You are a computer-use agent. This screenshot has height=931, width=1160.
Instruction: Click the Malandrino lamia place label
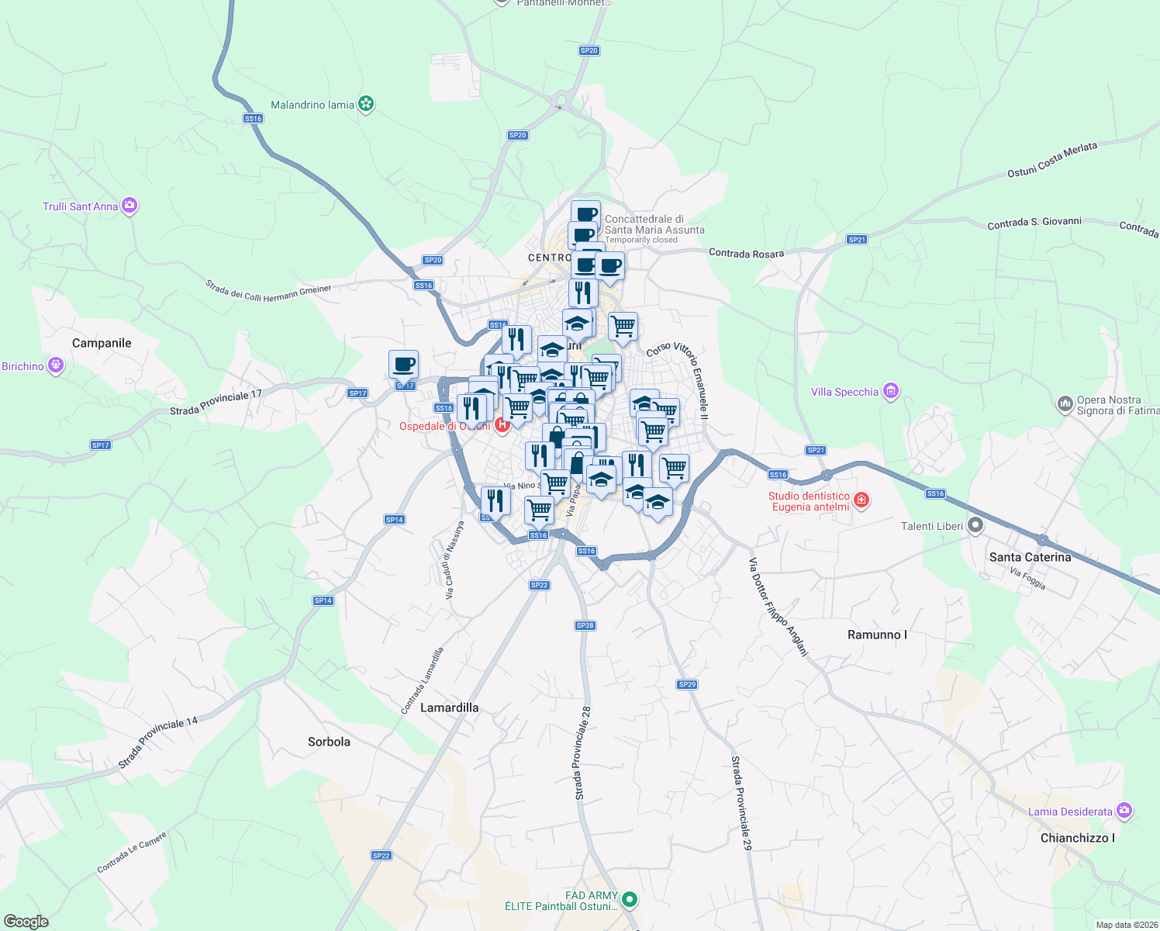(312, 105)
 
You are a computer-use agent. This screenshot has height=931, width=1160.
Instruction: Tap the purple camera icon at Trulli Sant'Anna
(129, 206)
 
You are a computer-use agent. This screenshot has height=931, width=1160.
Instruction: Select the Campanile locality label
(102, 343)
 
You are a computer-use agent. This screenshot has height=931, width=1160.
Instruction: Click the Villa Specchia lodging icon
(891, 391)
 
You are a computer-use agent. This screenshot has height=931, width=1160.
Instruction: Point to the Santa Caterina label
(1030, 557)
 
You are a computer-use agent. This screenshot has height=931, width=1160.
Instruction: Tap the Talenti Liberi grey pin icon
(975, 526)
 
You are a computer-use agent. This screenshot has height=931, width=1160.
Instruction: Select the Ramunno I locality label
(877, 635)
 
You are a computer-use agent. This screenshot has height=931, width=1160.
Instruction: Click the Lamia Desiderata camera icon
(1124, 811)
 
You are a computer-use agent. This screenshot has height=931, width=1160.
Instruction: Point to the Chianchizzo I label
(1077, 838)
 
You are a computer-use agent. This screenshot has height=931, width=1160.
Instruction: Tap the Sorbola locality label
(329, 742)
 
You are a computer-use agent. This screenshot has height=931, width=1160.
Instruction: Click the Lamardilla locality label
(449, 708)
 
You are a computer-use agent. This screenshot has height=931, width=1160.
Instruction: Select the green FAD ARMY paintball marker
(630, 900)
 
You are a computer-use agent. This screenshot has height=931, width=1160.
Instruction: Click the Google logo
(26, 922)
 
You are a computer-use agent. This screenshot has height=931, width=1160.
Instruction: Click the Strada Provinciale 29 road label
(741, 803)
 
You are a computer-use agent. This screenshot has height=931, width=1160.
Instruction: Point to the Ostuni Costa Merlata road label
(1052, 160)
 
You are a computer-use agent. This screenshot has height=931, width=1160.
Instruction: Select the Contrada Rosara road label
(746, 254)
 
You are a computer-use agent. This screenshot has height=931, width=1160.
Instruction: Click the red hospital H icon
(502, 424)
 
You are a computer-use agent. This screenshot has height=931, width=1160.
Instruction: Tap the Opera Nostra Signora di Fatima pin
(1065, 403)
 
